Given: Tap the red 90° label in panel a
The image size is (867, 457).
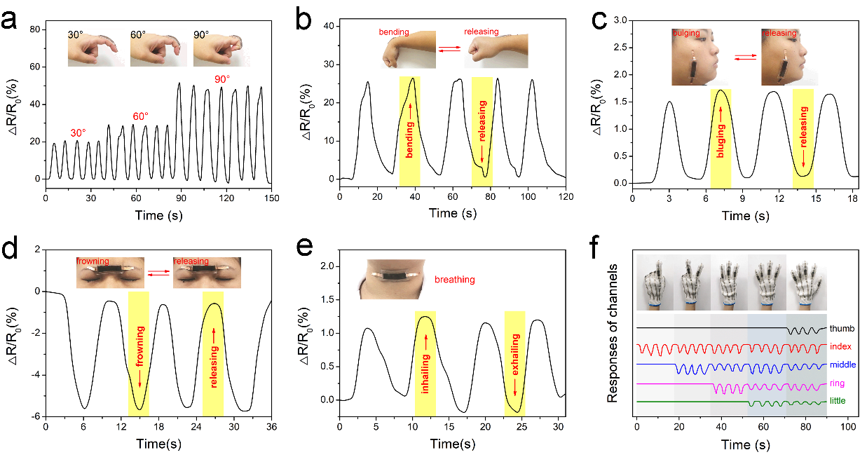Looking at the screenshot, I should pos(222,79).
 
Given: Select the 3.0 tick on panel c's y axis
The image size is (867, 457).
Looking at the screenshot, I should pos(619,21).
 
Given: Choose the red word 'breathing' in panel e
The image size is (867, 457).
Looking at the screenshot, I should pos(455,280).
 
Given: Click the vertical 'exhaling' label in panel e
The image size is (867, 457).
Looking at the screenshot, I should pos(515,363).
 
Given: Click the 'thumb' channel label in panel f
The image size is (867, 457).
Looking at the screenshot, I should pos(841,328).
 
